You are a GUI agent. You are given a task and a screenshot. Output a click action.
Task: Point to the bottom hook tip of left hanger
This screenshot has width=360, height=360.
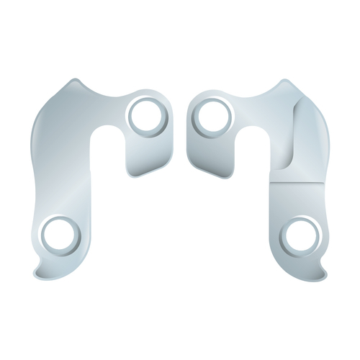tap(35, 271)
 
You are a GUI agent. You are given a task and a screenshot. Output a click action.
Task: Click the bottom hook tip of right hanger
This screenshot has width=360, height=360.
tap(325, 271)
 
